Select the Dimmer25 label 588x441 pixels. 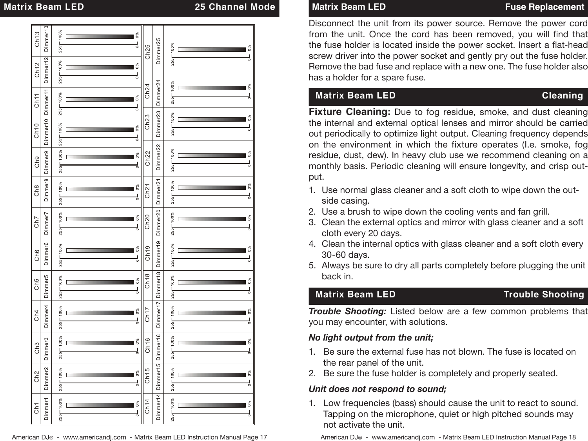tap(158, 51)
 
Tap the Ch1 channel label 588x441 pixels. tap(37, 408)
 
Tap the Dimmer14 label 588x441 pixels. tap(158, 409)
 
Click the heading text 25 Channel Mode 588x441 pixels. tap(235, 7)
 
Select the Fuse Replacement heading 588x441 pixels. tap(544, 7)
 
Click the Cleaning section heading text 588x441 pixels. tap(562, 96)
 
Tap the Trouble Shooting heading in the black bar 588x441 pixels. tap(543, 295)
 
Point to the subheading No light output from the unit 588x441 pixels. tap(371, 338)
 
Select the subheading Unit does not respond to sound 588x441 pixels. tap(377, 389)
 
